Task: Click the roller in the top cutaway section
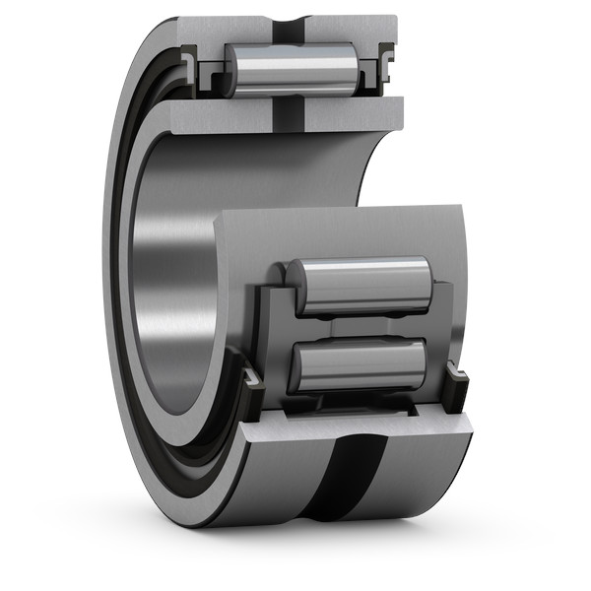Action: (291, 69)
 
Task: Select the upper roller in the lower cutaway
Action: (362, 286)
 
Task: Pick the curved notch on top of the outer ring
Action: (291, 24)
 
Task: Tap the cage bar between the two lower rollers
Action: (361, 325)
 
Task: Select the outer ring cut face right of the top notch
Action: (355, 30)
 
